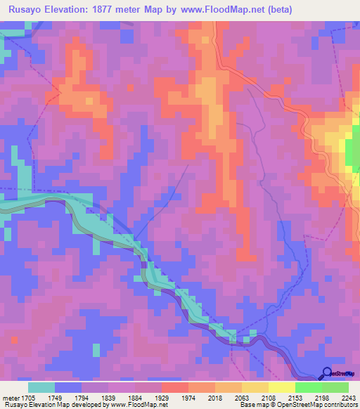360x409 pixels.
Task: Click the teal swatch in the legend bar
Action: pyautogui.click(x=41, y=387)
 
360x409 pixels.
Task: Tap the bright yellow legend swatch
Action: pyautogui.click(x=282, y=387)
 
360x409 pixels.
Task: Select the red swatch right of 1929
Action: pyautogui.click(x=175, y=387)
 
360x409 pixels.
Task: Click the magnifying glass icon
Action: pyautogui.click(x=326, y=373)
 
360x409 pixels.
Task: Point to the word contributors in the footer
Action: pyautogui.click(x=341, y=405)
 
